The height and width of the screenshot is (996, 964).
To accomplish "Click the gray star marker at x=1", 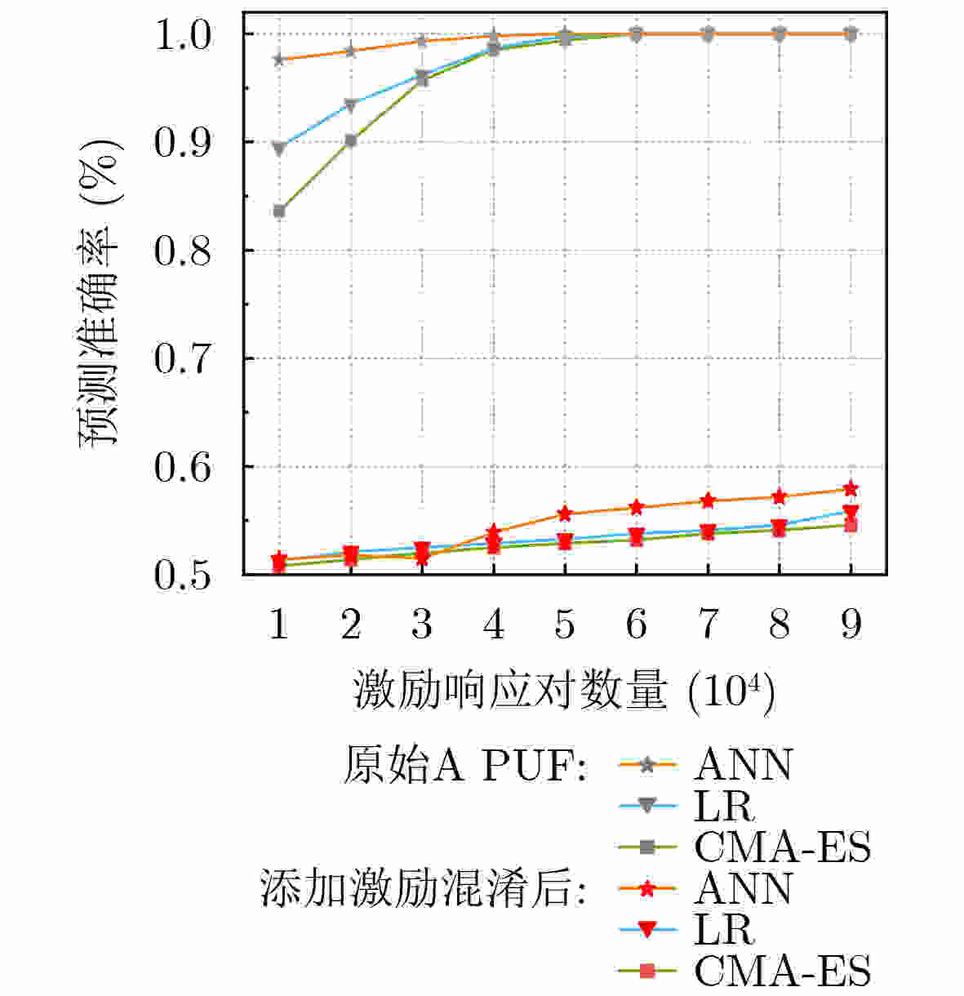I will point(279,59).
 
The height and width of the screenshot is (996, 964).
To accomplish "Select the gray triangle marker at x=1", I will point(279,149).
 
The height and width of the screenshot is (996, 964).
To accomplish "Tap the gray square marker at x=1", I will point(279,211).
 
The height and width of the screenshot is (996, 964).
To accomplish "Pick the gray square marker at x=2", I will point(351,140).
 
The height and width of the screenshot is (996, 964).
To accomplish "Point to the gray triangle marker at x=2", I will point(351,105).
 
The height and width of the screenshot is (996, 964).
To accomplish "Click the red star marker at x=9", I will point(851,489).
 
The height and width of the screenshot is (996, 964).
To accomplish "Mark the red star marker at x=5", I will point(565,514).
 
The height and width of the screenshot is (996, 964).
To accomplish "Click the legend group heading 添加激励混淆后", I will point(423,888).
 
